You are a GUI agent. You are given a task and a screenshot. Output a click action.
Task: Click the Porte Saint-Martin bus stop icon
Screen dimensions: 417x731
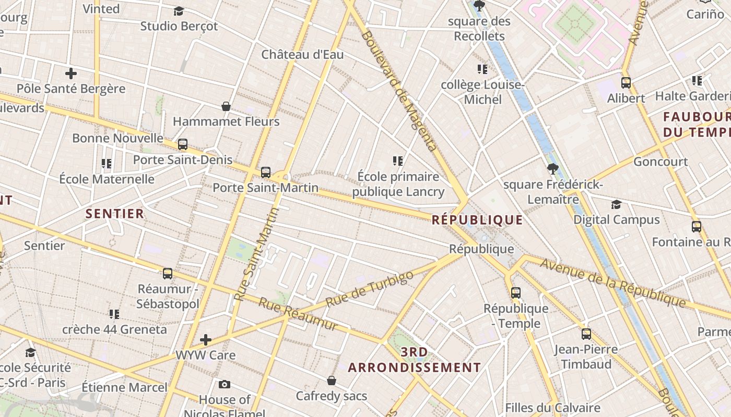coord(266,172)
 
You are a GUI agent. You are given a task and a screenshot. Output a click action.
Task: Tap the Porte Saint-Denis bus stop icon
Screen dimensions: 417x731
coord(183,144)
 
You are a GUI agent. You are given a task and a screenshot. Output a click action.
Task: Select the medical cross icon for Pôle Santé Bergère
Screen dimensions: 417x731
coord(71,73)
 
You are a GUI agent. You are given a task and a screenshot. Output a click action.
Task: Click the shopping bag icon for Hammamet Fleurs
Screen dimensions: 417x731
coord(226,106)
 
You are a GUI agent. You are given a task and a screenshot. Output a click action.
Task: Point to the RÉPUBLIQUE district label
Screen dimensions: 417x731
coord(477,220)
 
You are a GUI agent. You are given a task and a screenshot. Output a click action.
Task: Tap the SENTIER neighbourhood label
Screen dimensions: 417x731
coord(115,213)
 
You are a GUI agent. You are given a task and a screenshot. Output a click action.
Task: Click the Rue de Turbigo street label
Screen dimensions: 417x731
coord(369,288)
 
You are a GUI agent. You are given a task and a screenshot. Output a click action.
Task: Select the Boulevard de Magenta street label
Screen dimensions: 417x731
coord(399,91)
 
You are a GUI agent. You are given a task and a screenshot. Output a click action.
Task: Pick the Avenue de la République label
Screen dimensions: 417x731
coord(612,282)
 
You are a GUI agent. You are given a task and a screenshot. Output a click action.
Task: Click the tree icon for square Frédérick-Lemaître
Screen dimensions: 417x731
coord(553,169)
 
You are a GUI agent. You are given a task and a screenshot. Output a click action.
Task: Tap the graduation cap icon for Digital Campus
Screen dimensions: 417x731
coord(617,204)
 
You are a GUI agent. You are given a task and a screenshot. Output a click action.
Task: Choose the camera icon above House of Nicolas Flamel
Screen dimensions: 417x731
coord(225,384)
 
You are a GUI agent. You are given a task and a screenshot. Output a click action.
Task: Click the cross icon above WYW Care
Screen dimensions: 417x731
coord(206,340)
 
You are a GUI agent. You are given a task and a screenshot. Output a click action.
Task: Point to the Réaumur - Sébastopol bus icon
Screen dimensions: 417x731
coord(168,273)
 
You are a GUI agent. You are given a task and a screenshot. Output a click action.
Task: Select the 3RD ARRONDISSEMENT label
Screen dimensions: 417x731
coord(415,360)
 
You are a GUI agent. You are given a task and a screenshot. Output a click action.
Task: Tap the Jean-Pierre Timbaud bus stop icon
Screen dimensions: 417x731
coord(586,334)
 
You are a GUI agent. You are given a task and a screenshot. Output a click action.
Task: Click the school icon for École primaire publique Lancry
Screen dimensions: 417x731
coord(398,161)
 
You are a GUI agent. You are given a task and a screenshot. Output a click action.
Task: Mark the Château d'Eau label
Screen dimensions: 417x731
coord(302,54)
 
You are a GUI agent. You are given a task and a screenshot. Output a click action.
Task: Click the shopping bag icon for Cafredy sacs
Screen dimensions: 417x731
coord(332,381)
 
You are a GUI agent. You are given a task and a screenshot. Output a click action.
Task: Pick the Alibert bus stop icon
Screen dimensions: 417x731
coord(626,82)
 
